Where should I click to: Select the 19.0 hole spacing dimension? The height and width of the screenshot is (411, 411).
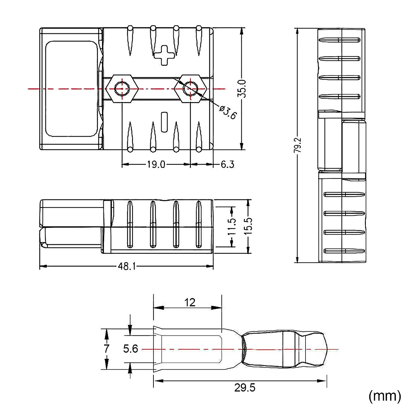pyautogui.click(x=156, y=165)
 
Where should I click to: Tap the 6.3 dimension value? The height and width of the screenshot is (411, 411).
pyautogui.click(x=227, y=165)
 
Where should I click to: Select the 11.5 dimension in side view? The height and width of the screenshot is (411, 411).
pyautogui.click(x=232, y=226)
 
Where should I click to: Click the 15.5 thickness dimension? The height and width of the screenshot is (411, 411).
pyautogui.click(x=248, y=226)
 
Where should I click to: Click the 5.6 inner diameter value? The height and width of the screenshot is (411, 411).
pyautogui.click(x=130, y=349)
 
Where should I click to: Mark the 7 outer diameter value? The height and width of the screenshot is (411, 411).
pyautogui.click(x=107, y=349)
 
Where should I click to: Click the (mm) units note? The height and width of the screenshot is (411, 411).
pyautogui.click(x=384, y=396)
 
